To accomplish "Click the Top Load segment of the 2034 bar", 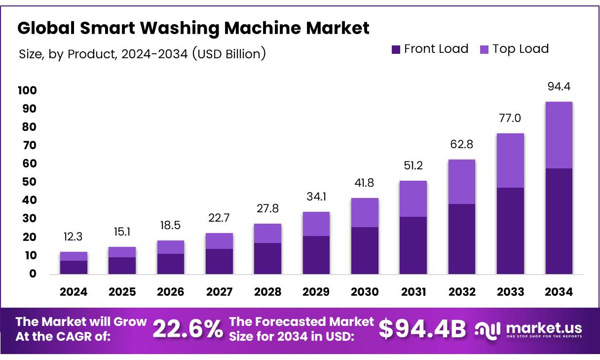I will [x=559, y=135].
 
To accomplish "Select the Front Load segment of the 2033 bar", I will [x=510, y=231].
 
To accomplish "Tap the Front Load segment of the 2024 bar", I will [x=74, y=267].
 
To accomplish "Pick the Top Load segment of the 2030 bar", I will [x=365, y=212].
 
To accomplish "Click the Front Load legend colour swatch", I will [x=396, y=49].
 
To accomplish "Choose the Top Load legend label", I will [x=521, y=49].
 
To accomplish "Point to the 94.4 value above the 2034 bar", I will [x=559, y=87].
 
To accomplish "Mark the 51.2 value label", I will [x=413, y=165].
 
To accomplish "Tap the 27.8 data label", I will [x=268, y=208].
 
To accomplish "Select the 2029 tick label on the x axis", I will [x=316, y=292].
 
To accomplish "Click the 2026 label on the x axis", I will [x=171, y=292].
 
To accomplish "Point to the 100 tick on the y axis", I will [x=27, y=90].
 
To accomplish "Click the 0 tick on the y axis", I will [x=33, y=274].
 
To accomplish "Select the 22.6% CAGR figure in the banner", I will [x=187, y=329].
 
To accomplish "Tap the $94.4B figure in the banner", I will [x=422, y=329].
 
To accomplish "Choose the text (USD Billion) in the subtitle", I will [x=228, y=54].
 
